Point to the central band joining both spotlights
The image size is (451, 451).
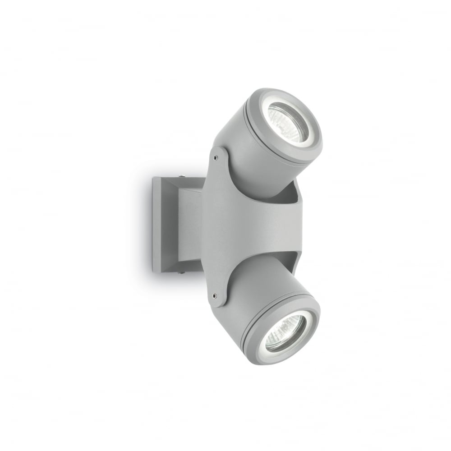pos(253,225)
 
